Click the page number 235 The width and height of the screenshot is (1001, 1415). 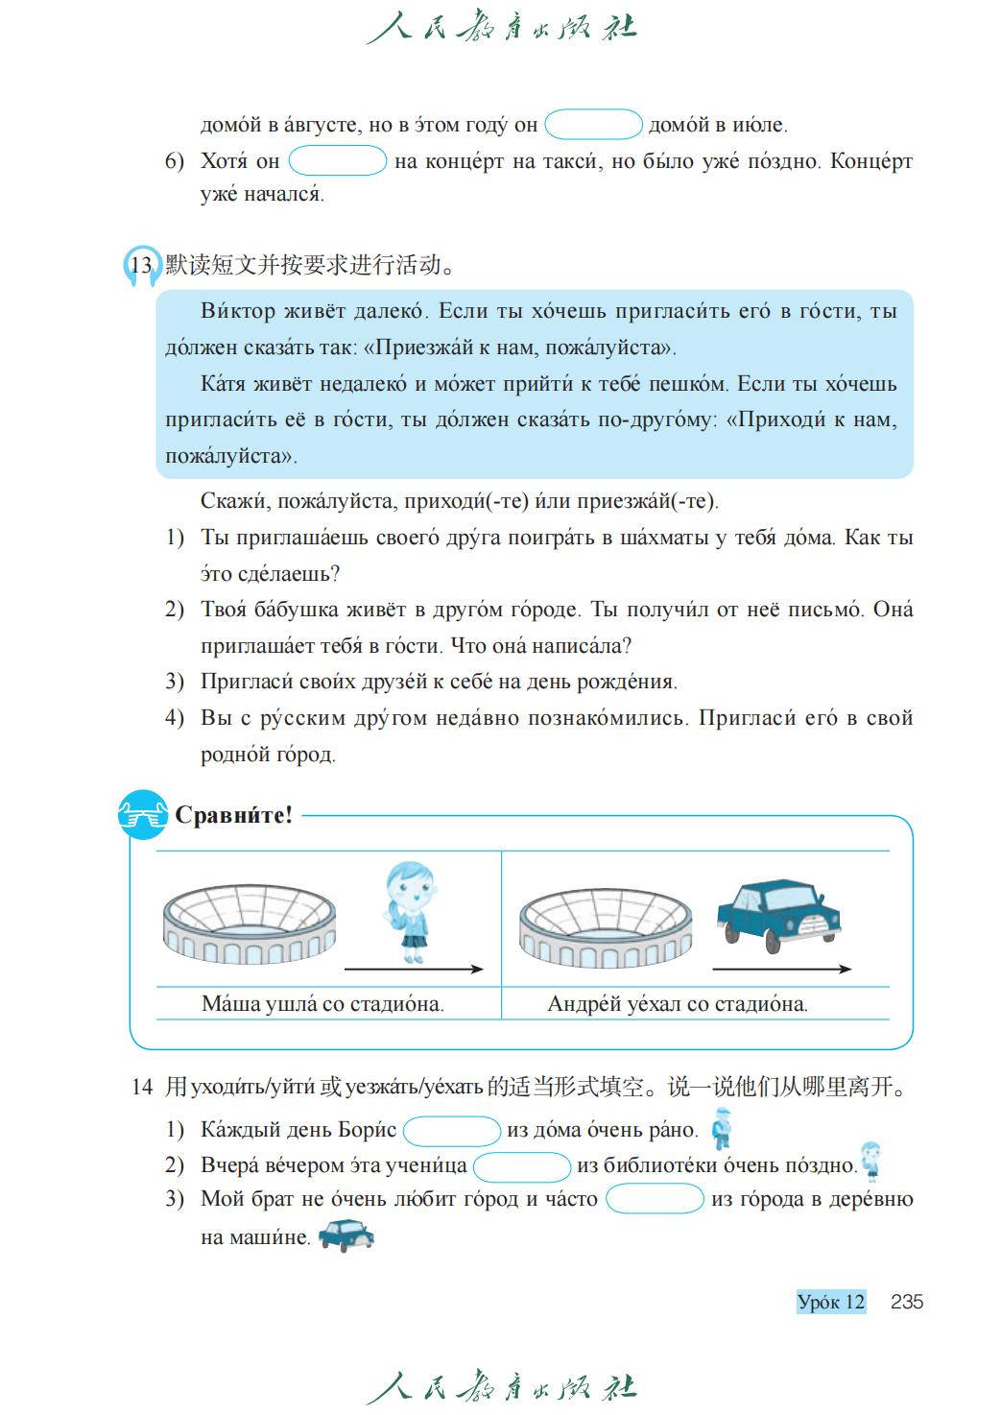906,1302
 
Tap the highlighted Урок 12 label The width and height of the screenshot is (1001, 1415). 831,1302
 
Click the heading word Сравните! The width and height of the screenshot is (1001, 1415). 233,816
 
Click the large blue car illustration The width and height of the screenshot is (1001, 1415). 778,915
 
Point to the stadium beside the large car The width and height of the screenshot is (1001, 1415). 605,925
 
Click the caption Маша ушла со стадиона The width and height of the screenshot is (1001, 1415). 322,1004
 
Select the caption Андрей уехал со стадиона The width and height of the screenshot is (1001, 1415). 677,1004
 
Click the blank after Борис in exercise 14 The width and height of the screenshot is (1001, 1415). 452,1131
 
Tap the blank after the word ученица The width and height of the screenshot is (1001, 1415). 522,1166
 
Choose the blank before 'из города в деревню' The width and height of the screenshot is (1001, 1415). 655,1200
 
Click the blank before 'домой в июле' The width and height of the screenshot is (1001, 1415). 593,125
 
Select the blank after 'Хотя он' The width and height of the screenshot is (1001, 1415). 337,160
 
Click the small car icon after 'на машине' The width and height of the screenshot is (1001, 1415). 346,1235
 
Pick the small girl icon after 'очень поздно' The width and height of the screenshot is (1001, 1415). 870,1161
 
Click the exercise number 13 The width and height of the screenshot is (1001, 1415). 141,266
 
